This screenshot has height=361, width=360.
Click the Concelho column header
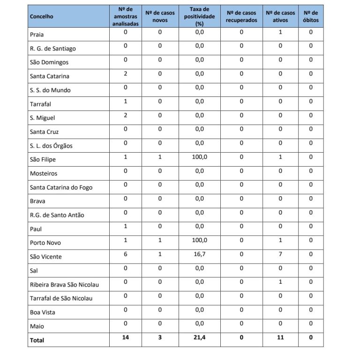pos(41,17)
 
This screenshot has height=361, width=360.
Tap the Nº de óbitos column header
pos(310,16)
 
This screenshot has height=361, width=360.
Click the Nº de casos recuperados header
pos(241,16)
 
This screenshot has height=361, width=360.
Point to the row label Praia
pos(37,34)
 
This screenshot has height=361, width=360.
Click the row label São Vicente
pos(45,257)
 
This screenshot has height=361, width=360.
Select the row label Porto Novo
pos(45,243)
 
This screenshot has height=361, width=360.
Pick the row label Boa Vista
pos(43,312)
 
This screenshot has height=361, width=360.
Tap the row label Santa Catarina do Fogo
pos(61,187)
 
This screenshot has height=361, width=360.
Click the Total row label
pos(37,340)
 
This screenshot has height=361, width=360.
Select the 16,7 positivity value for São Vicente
pos(200,254)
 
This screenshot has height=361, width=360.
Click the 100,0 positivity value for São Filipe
pos(200,157)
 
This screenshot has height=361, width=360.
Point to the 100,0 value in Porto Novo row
pos(200,240)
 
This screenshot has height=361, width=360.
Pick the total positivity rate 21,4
pos(200,338)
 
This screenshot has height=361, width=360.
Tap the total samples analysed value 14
pos(126,338)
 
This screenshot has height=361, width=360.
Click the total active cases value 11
pos(280,338)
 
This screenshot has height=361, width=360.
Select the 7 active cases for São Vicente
pos(280,254)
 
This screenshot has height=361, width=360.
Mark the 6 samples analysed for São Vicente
pos(126,254)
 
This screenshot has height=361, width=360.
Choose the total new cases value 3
pos(160,338)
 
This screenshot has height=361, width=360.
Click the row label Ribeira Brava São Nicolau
pos(64,285)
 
